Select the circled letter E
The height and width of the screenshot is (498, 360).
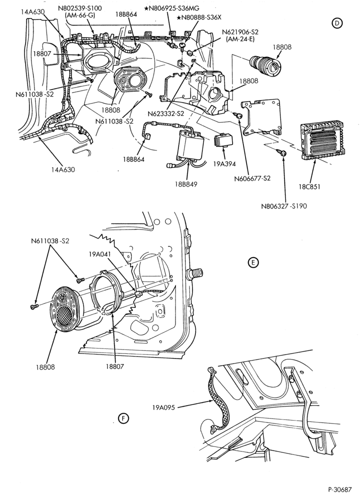tap(253, 262)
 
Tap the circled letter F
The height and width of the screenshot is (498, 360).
tap(123, 418)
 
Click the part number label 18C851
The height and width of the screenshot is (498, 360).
tap(309, 186)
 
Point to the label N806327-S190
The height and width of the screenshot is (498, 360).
tap(284, 206)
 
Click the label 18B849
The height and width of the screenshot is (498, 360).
tap(186, 184)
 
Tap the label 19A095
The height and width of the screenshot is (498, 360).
tap(163, 407)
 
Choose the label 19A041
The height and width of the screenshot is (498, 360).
tap(100, 254)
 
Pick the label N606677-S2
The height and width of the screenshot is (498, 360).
tap(252, 178)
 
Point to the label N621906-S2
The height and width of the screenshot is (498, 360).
tap(240, 32)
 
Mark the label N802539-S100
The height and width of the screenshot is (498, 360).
tap(80, 8)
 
